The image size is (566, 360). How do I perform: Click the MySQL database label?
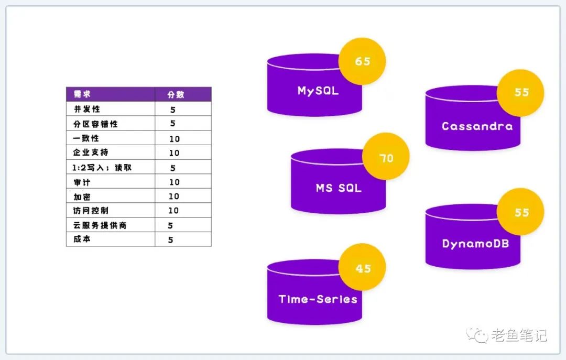[x=318, y=91]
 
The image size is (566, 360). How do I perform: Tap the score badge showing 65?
[x=362, y=61]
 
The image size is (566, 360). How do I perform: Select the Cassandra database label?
[x=477, y=126]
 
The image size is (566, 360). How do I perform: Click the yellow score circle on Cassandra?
[x=521, y=92]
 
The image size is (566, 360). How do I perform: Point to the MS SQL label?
[x=339, y=187]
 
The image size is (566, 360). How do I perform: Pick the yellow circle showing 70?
[x=386, y=158]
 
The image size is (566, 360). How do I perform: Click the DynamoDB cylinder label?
[x=475, y=244]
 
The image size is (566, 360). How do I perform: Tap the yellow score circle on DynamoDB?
[x=521, y=212]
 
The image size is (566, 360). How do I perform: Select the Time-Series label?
[x=318, y=299]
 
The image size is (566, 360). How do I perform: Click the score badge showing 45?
[x=363, y=268]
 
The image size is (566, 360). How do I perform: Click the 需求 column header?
[x=82, y=94]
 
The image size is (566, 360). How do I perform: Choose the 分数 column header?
[x=176, y=95]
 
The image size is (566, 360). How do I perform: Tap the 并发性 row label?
[x=86, y=109]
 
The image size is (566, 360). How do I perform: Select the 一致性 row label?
[x=86, y=138]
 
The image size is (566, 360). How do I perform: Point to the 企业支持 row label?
[x=91, y=152]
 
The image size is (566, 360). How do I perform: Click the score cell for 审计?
[x=174, y=182]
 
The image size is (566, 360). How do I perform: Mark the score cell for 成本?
[x=170, y=240]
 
